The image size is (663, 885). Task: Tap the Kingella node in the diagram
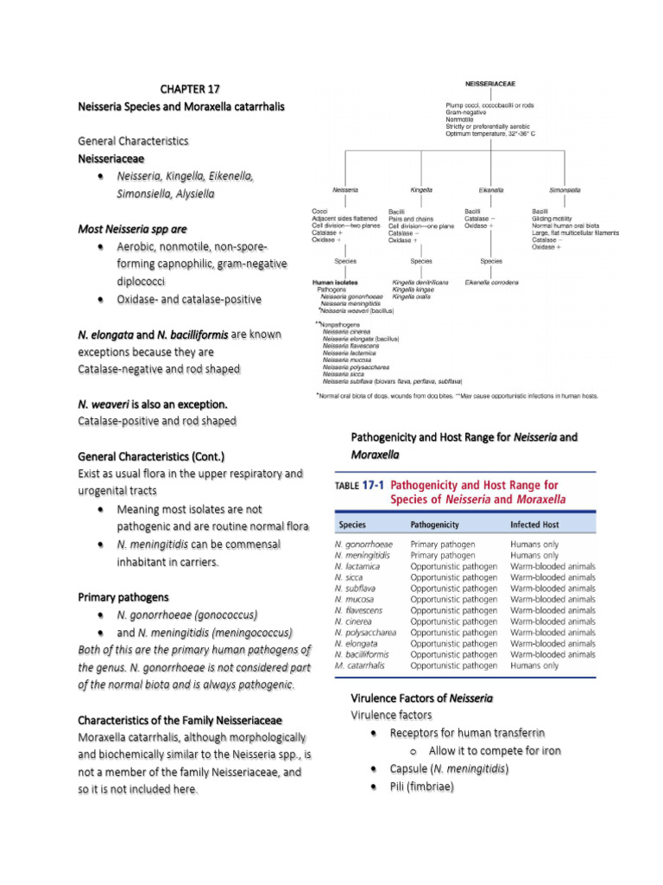coord(420,189)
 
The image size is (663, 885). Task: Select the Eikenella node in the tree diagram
coord(490,189)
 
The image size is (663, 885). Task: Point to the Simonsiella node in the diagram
coord(565,189)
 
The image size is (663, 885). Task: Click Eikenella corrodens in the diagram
coord(491,282)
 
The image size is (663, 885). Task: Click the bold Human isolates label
coord(337,282)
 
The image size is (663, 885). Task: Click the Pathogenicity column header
coord(434,525)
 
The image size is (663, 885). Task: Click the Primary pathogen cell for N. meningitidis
coord(443,556)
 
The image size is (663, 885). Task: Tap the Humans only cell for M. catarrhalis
coord(534,665)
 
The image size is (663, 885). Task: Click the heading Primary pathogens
coord(123,597)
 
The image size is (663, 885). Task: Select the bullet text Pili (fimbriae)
coord(421,786)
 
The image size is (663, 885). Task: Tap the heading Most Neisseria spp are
coord(132,229)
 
